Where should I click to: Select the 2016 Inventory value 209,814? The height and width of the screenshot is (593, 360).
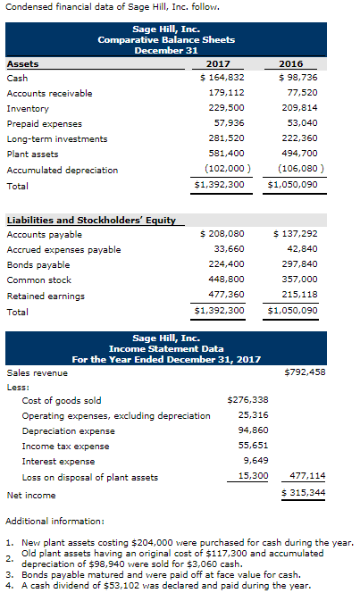(297, 108)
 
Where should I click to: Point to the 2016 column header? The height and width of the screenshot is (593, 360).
(291, 63)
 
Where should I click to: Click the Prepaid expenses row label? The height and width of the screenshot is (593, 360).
(45, 124)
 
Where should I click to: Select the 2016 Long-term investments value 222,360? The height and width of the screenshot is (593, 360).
(297, 138)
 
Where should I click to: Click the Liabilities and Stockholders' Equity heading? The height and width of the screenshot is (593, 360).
(91, 220)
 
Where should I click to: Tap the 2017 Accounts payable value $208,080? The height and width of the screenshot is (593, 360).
(224, 234)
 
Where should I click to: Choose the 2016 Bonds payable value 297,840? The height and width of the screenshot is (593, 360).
(297, 264)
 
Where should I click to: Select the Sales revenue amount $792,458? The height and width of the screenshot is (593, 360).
(304, 372)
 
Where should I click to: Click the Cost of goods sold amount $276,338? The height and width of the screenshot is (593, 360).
(248, 400)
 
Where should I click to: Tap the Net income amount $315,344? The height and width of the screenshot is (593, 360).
(304, 493)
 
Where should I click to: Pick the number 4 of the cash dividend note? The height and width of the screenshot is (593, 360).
(8, 586)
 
